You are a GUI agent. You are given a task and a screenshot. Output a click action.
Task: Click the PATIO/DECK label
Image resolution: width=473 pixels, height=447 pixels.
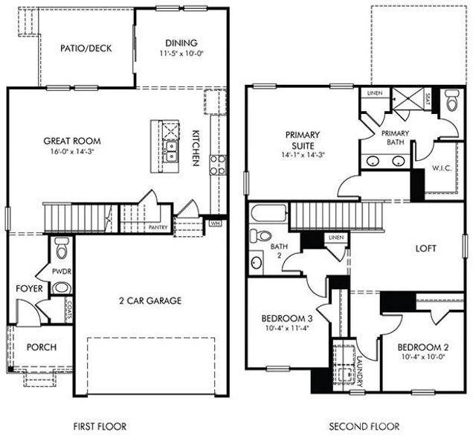click(x=86, y=48)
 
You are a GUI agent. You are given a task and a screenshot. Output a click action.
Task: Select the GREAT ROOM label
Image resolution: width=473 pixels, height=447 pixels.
click(x=72, y=140)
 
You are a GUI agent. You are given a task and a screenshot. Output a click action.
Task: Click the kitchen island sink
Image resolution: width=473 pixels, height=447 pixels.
click(x=171, y=152)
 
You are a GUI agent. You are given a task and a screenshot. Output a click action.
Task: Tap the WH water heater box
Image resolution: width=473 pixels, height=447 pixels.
click(x=216, y=222)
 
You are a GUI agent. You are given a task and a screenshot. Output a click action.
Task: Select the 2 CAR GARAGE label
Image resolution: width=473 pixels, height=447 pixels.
click(x=150, y=301)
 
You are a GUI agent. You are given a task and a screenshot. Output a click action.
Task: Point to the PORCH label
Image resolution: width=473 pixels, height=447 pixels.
click(x=42, y=347)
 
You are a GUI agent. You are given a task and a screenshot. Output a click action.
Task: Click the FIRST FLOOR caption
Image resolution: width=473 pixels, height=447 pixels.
click(x=100, y=427)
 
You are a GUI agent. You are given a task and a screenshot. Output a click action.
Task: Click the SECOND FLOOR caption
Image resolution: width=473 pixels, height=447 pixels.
click(x=364, y=427)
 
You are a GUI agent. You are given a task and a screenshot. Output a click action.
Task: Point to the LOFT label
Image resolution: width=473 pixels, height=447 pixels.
click(x=425, y=248)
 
